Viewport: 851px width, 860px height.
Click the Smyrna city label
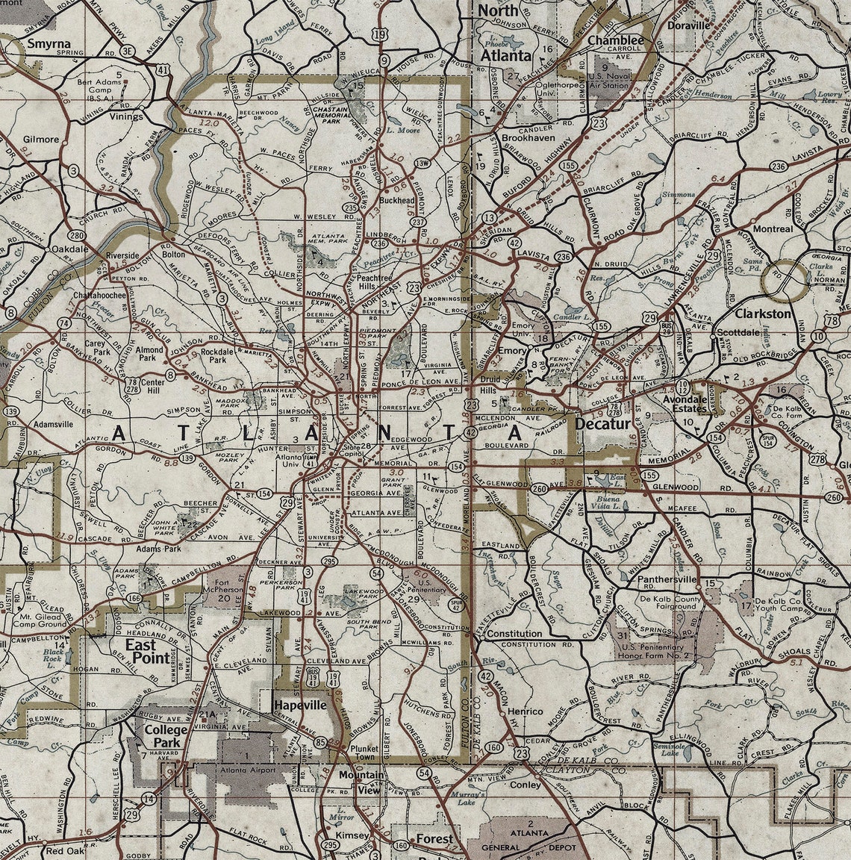click(49, 43)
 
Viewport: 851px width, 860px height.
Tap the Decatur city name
click(603, 423)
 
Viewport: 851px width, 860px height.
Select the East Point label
click(146, 650)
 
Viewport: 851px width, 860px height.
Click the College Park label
click(166, 737)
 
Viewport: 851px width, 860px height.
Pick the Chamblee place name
click(616, 40)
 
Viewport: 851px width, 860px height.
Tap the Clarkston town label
click(762, 314)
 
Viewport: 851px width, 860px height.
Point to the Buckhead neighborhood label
click(396, 202)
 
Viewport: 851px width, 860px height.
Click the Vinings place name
click(124, 116)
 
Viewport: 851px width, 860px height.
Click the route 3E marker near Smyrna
click(128, 51)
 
